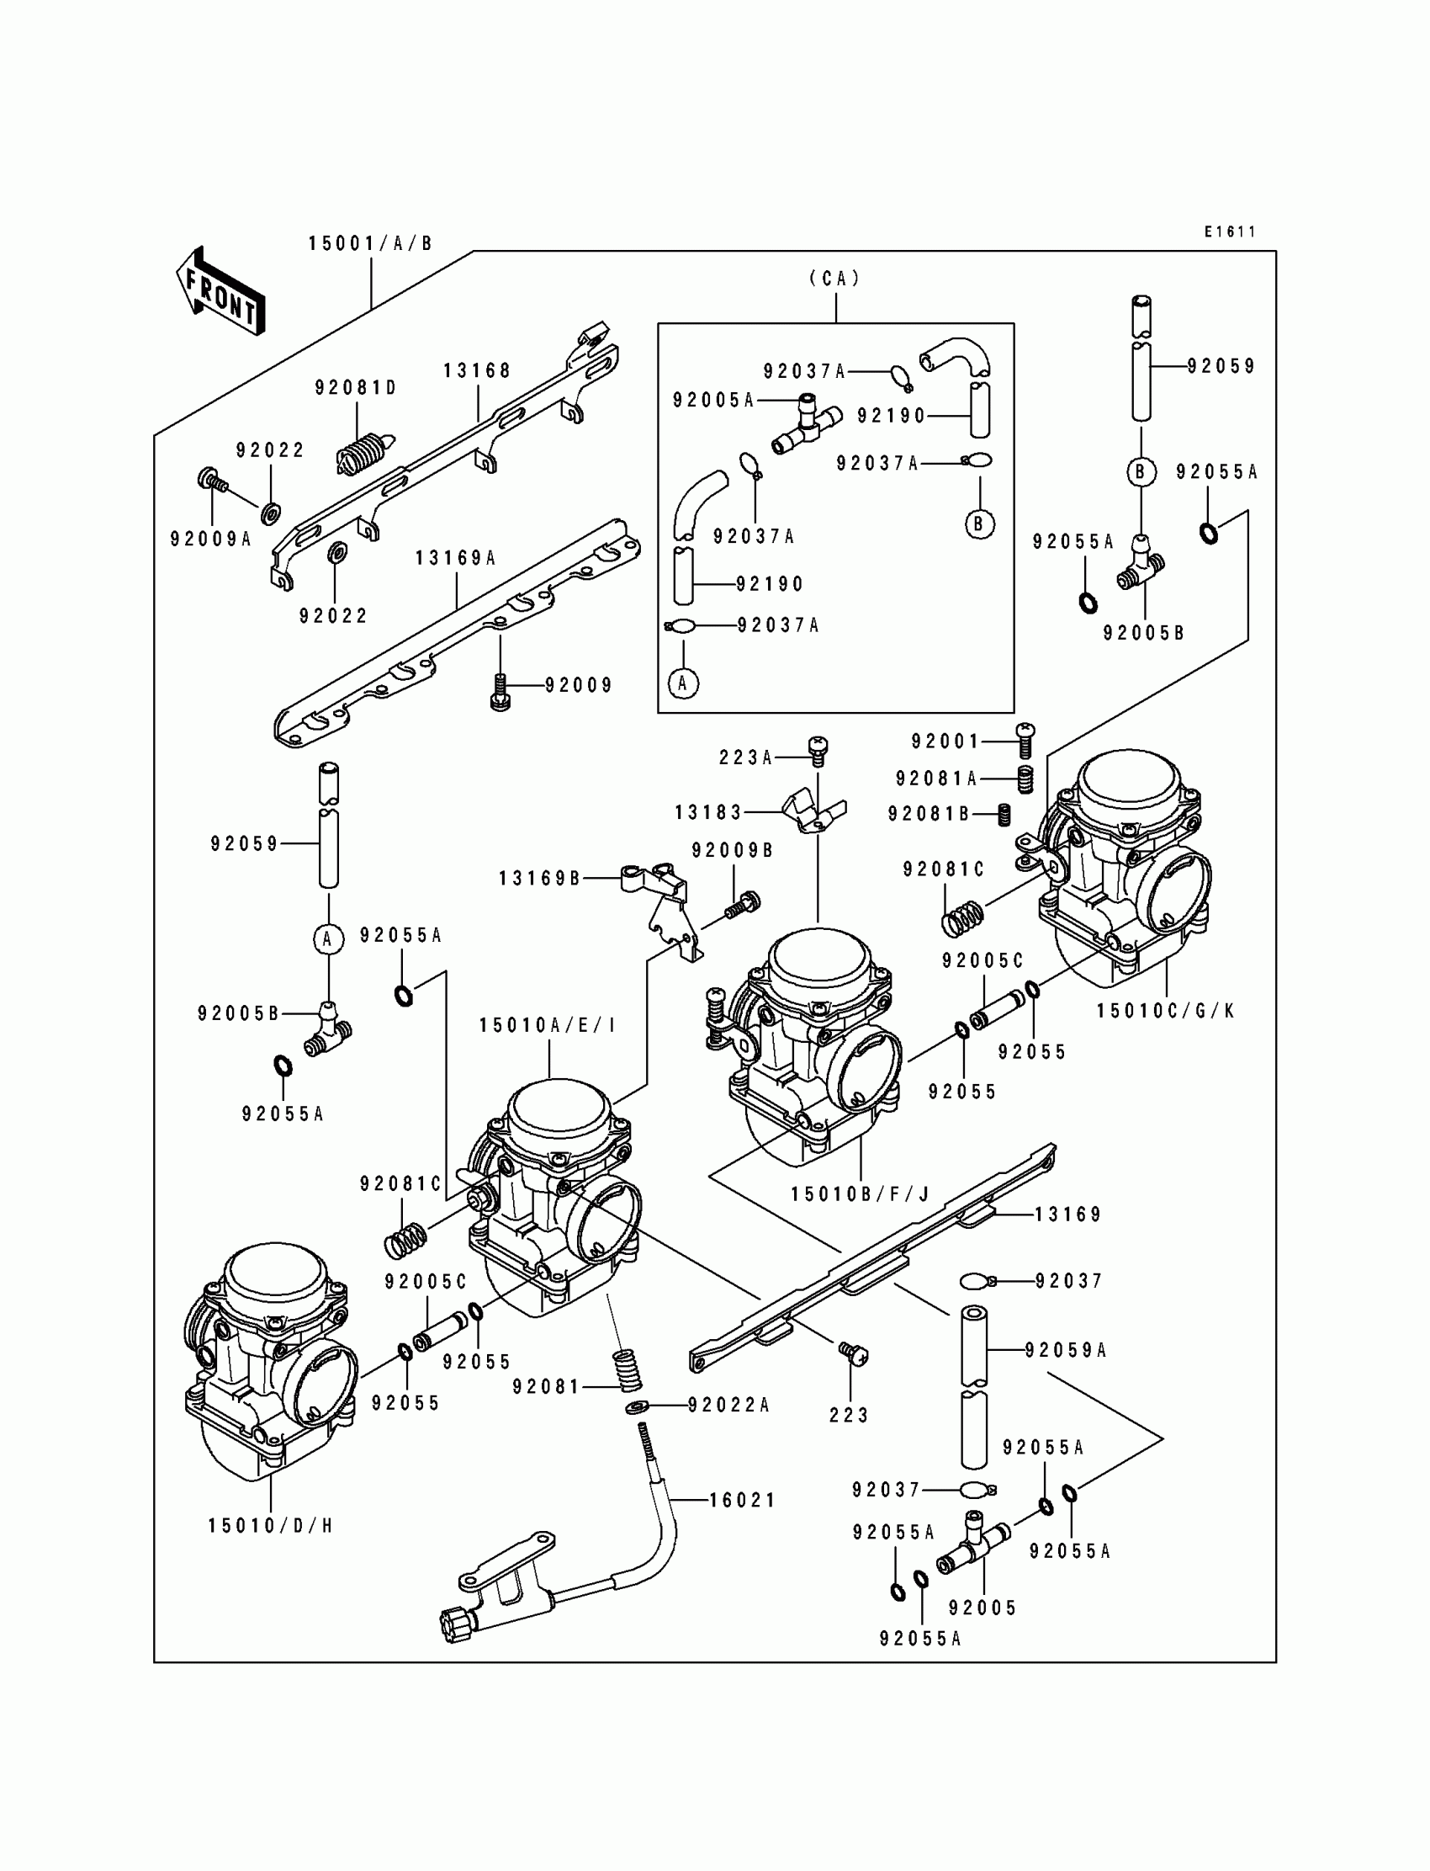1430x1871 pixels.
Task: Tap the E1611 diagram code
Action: pyautogui.click(x=1229, y=231)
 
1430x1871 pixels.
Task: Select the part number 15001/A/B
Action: pyautogui.click(x=370, y=244)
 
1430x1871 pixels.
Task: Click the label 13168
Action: pyautogui.click(x=477, y=370)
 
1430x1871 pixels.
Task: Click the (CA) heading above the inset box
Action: pyautogui.click(x=835, y=279)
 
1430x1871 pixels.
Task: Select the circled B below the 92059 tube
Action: pyautogui.click(x=1141, y=472)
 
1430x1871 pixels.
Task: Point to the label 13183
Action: pyautogui.click(x=709, y=812)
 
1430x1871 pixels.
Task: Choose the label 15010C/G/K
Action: pyautogui.click(x=1165, y=1011)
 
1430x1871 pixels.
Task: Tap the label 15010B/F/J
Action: pyautogui.click(x=860, y=1194)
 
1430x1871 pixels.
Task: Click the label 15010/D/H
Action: pyautogui.click(x=271, y=1525)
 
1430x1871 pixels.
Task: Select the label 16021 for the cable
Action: pyautogui.click(x=742, y=1501)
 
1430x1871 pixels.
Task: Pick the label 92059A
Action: pyautogui.click(x=1065, y=1350)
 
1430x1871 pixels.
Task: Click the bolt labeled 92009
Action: pyautogui.click(x=500, y=690)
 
